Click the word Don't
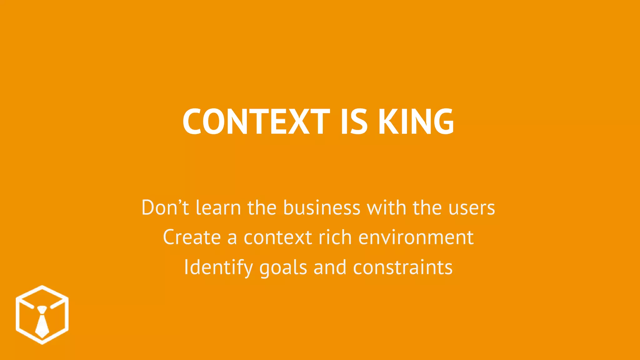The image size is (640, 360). click(165, 207)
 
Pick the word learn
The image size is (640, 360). click(218, 207)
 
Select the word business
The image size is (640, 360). click(322, 207)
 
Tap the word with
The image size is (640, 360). click(386, 207)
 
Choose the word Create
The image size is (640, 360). click(192, 237)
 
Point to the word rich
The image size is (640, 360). click(335, 237)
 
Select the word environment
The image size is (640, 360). click(416, 237)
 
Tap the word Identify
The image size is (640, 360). click(218, 267)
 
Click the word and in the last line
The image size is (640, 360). click(330, 267)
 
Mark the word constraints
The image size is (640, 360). click(403, 267)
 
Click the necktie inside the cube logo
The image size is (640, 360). click(42, 322)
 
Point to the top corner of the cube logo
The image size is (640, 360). click(42, 286)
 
